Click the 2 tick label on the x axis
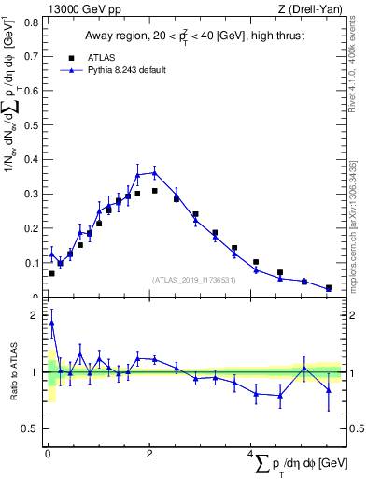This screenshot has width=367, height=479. tap(150, 454)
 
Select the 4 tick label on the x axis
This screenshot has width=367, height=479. tap(251, 454)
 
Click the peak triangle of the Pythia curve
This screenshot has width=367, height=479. tap(155, 172)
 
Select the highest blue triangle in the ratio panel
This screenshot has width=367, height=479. tap(51, 323)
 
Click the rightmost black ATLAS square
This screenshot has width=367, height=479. tap(328, 288)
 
